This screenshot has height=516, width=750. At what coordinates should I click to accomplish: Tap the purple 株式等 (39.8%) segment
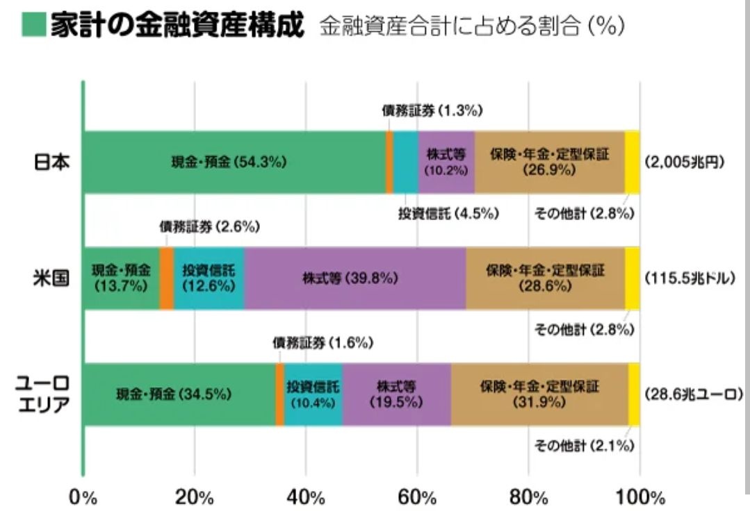click(x=354, y=278)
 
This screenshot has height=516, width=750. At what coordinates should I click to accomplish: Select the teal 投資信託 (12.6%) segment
click(x=209, y=278)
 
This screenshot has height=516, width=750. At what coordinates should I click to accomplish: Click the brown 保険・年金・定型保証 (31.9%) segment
click(x=539, y=394)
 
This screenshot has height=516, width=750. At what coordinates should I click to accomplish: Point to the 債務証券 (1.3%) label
click(x=432, y=110)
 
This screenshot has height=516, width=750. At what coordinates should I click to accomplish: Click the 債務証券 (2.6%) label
click(x=209, y=226)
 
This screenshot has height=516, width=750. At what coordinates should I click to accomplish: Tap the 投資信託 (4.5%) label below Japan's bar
click(x=448, y=214)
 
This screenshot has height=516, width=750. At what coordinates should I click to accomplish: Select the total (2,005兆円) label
click(x=685, y=162)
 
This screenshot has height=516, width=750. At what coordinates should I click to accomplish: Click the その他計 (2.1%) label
click(x=584, y=446)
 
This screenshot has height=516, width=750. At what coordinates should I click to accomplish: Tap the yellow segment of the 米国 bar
click(x=632, y=278)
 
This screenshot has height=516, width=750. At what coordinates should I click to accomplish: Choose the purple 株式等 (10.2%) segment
click(x=446, y=162)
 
